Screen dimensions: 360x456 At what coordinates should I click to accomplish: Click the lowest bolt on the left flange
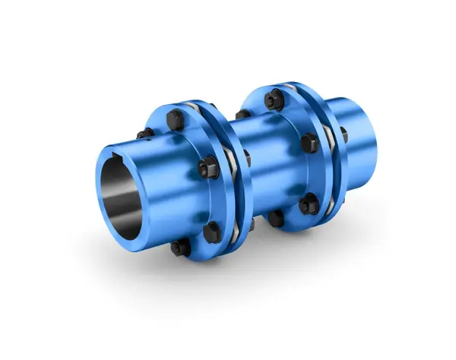[177, 248]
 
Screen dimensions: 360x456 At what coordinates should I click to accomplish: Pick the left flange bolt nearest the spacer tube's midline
[207, 165]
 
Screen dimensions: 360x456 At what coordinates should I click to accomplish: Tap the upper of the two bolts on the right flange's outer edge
[308, 142]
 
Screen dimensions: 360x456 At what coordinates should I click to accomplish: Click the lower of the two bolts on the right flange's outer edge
[309, 204]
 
